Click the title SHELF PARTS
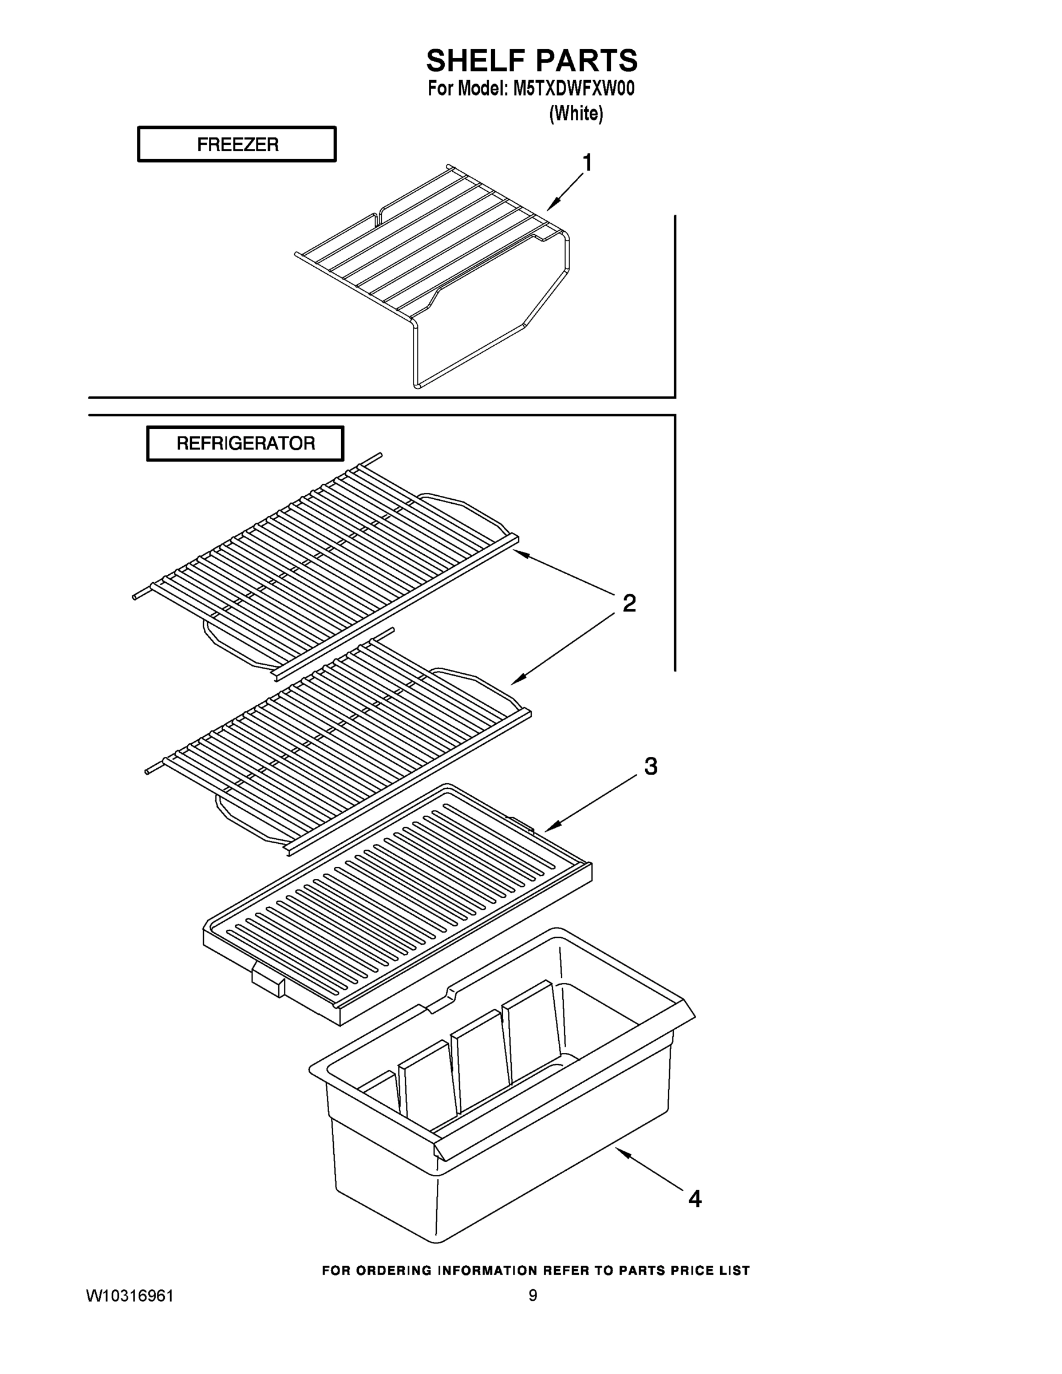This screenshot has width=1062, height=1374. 532,61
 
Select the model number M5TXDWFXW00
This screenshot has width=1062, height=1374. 573,89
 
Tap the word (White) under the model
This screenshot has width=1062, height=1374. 576,114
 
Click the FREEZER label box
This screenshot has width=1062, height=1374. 237,145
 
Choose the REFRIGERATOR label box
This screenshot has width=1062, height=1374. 246,444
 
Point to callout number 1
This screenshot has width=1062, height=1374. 587,163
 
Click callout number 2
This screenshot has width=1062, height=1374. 629,603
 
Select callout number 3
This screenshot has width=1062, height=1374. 650,766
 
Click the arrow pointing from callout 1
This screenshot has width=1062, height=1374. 564,192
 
